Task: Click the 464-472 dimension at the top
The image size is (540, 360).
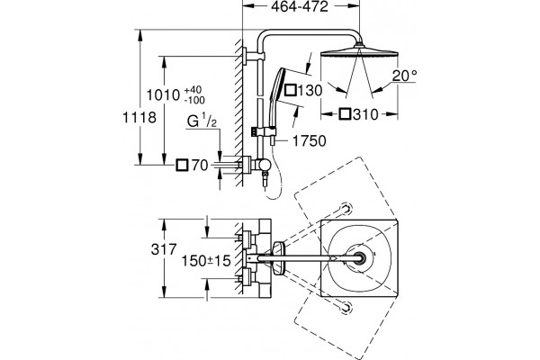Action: [300, 6]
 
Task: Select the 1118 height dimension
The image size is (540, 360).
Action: [139, 118]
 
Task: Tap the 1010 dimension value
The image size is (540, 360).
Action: [163, 94]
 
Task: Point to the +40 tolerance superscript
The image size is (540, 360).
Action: [193, 90]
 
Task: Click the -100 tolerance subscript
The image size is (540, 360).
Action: [194, 100]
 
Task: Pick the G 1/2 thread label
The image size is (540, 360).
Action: [202, 121]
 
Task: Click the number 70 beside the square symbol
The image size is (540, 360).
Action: [200, 166]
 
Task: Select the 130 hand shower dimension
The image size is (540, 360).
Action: [310, 91]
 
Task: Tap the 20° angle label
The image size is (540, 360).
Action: [404, 76]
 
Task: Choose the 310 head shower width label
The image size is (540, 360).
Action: [365, 114]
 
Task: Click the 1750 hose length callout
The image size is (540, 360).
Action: [310, 141]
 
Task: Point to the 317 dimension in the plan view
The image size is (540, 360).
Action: [164, 249]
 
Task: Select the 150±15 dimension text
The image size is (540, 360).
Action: [206, 261]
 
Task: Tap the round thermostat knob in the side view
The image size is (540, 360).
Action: [265, 165]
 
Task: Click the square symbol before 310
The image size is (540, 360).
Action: [345, 114]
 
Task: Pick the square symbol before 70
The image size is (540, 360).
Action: [182, 165]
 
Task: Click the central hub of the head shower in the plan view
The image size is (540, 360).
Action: [359, 258]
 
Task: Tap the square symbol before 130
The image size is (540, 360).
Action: [291, 90]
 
